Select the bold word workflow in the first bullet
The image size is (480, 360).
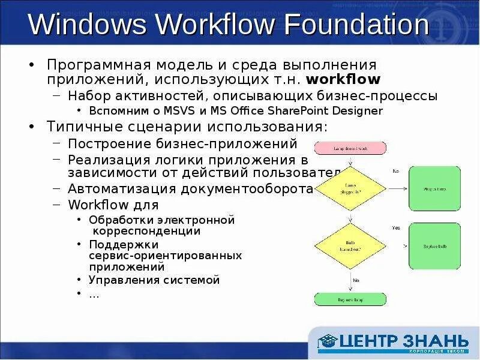343,79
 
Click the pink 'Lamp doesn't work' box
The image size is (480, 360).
350,148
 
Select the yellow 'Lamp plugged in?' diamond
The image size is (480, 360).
350,188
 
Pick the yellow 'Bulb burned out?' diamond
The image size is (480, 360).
350,245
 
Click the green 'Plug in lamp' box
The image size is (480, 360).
434,188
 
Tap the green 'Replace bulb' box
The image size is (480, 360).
434,246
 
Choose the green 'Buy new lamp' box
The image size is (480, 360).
350,299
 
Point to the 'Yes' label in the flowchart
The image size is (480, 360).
396,228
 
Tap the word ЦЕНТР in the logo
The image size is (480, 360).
371,341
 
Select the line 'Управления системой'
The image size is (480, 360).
154,280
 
